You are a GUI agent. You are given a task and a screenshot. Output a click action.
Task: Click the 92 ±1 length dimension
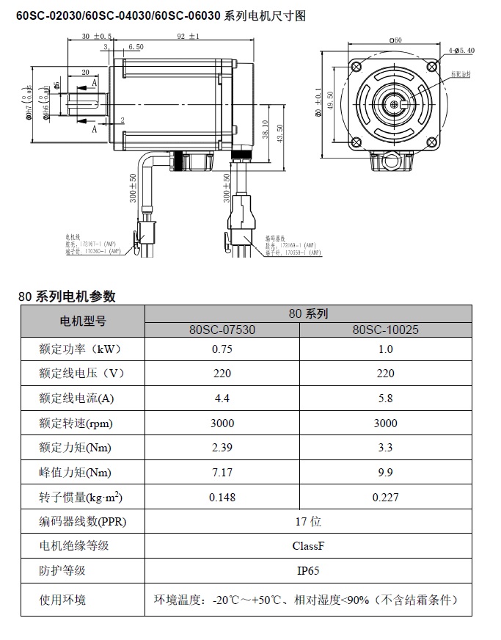coord(188,36)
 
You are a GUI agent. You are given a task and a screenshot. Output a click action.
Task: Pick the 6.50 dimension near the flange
coord(136,47)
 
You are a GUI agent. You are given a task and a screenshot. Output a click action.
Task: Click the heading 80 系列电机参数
coord(67,297)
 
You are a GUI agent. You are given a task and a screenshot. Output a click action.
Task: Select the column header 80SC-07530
coord(222,330)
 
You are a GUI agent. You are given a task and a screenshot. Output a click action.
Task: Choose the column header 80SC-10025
coord(385,330)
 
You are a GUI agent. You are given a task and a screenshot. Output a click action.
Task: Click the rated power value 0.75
coord(222,349)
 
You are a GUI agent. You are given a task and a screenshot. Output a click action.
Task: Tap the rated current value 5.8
coord(385,399)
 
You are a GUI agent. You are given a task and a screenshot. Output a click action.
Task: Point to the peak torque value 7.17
coord(222,473)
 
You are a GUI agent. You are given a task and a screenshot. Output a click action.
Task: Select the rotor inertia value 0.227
coord(385,497)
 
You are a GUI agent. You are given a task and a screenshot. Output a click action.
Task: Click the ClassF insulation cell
coord(307,546)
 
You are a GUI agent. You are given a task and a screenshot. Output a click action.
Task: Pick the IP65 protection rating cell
coord(307,570)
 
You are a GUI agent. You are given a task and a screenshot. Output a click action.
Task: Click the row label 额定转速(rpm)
coord(76,423)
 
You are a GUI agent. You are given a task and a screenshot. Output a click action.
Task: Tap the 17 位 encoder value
coord(307,522)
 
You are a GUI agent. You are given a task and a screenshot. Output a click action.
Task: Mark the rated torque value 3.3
coord(385,448)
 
